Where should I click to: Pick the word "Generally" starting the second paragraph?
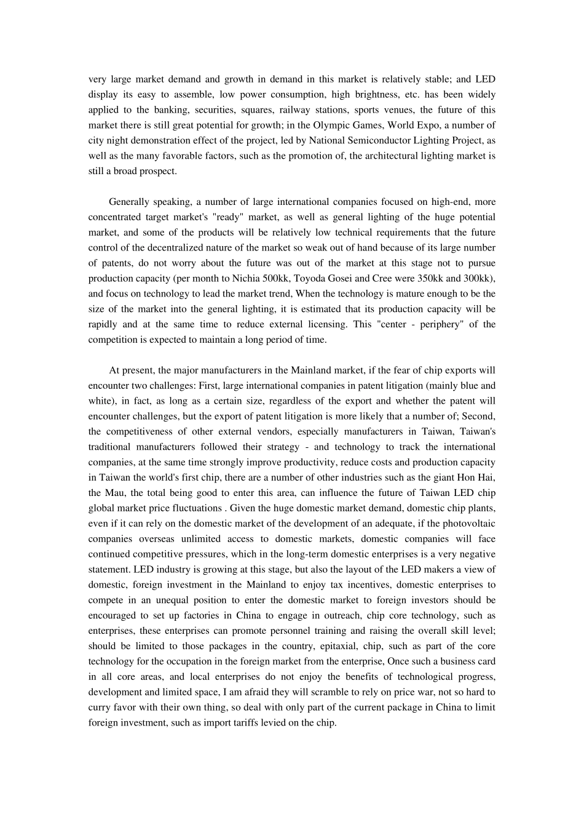point(128,202)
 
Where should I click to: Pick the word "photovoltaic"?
point(468,524)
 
